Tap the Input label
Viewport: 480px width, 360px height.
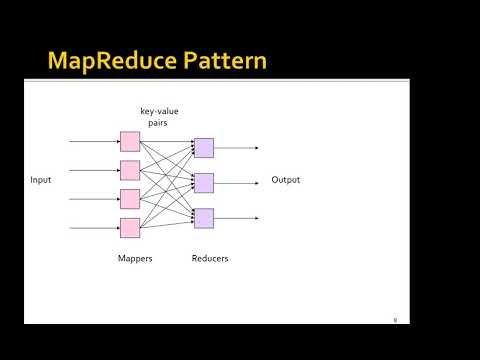coord(41,180)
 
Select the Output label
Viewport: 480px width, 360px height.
coord(285,180)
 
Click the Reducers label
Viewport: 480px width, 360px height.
coord(210,258)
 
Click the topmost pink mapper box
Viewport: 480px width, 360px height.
coord(130,141)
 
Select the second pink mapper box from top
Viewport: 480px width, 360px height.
coord(130,170)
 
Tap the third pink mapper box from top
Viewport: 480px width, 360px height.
coord(130,198)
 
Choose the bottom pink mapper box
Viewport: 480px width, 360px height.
coord(130,227)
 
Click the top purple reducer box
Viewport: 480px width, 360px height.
coord(204,148)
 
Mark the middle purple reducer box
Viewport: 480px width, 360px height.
coord(204,182)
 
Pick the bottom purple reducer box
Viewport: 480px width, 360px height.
coord(204,217)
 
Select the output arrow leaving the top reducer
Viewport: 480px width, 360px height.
coord(238,148)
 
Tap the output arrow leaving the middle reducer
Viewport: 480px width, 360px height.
coord(238,182)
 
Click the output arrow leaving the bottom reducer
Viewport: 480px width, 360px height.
coord(238,217)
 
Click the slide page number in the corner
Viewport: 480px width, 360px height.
coord(395,319)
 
